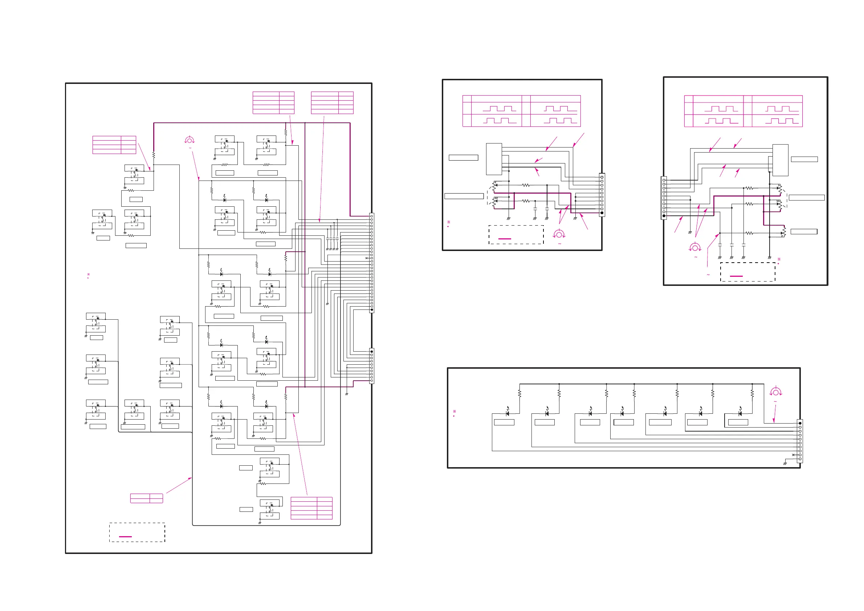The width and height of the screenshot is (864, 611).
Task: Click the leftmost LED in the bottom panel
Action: pyautogui.click(x=507, y=413)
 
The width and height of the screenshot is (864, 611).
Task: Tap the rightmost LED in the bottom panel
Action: pyautogui.click(x=740, y=413)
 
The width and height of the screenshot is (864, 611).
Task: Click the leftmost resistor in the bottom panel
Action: pyautogui.click(x=520, y=394)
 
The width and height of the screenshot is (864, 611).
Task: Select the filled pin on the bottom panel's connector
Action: pyautogui.click(x=800, y=423)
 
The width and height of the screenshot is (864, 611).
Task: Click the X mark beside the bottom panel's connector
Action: pyautogui.click(x=793, y=455)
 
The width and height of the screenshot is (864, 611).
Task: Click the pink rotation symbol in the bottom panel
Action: pyautogui.click(x=775, y=392)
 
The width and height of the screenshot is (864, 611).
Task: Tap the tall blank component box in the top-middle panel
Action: pyautogui.click(x=494, y=159)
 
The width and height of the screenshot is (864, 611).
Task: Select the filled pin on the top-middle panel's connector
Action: pyautogui.click(x=602, y=213)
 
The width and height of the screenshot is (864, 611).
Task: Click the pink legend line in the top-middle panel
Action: pyautogui.click(x=505, y=239)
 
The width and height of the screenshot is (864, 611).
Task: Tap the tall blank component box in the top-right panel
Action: pyautogui.click(x=780, y=160)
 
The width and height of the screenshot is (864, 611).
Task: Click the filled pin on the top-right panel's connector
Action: pyautogui.click(x=664, y=216)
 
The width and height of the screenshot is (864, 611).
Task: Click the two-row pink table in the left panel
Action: pyautogui.click(x=146, y=498)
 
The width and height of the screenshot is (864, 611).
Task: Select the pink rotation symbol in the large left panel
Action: pyautogui.click(x=189, y=141)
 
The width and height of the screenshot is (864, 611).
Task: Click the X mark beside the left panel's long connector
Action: pyautogui.click(x=367, y=258)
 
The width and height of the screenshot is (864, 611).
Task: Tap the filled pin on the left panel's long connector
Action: pyautogui.click(x=372, y=310)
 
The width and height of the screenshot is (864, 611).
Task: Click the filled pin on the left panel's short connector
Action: pyautogui.click(x=372, y=352)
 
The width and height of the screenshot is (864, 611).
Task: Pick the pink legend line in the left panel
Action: pyautogui.click(x=125, y=537)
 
